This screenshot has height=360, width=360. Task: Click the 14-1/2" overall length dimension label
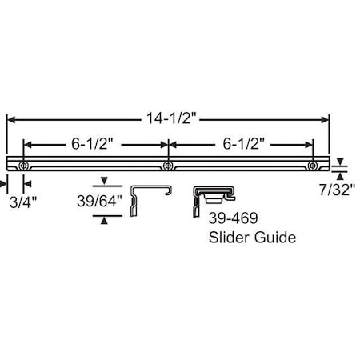point(171,118)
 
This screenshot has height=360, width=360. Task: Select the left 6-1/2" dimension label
point(92,144)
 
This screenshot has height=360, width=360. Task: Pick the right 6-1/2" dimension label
point(243,144)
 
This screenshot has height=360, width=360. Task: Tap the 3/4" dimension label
point(23,202)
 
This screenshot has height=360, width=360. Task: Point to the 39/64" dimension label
point(99,201)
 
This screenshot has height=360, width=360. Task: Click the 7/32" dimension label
point(338,190)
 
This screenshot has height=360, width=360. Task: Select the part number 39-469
point(233,218)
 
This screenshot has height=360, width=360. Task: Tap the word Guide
point(275,238)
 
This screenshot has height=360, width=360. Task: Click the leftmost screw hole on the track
point(24,166)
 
